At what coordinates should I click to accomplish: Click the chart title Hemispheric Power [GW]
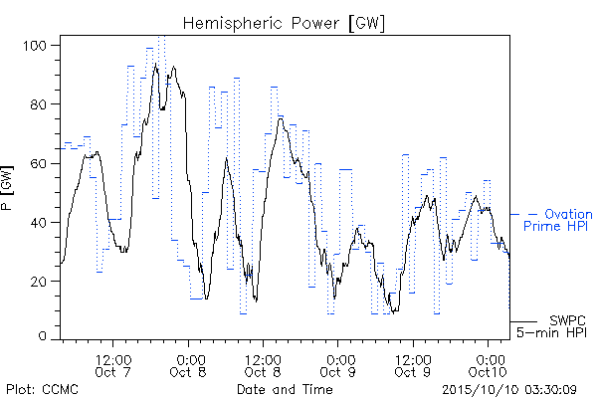284,23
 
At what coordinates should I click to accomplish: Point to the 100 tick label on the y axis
35,46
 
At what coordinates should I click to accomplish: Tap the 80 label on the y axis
38,104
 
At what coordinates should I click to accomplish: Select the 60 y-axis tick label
38,164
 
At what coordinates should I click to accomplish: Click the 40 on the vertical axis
38,223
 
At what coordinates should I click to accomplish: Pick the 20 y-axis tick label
38,282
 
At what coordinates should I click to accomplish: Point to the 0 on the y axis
42,336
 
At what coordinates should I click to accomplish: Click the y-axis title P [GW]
7,188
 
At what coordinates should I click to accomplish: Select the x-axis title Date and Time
285,389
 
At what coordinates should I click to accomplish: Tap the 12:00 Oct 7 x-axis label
113,365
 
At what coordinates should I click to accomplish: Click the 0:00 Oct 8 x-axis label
188,365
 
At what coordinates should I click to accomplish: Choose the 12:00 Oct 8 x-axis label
263,365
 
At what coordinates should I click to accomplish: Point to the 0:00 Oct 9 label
337,365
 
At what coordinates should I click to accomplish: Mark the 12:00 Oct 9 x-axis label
413,365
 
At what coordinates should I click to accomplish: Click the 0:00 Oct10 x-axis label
488,365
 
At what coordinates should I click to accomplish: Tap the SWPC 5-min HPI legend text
551,326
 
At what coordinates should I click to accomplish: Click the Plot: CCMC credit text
42,389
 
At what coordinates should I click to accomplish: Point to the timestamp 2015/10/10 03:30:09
509,390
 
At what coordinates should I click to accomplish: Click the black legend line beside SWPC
523,321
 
